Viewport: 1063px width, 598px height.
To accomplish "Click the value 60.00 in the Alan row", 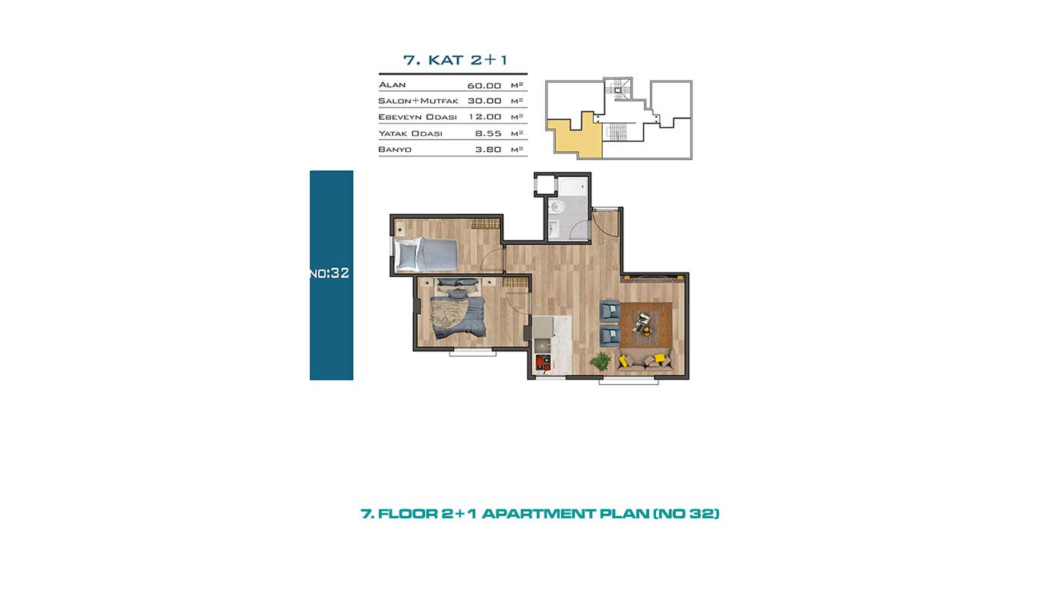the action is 484,86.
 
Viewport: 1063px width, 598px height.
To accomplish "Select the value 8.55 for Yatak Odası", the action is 487,134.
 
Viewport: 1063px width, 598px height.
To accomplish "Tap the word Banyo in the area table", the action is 395,149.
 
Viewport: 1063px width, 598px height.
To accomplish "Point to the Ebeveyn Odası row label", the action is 418,117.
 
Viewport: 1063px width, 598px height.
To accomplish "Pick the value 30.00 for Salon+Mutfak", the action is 484,101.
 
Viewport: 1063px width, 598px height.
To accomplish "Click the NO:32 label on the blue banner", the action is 330,273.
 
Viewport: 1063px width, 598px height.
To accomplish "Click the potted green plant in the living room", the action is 600,362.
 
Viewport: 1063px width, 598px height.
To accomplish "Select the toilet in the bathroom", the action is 556,206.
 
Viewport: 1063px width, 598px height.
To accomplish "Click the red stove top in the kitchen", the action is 543,363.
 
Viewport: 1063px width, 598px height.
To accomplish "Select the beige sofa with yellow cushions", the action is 645,360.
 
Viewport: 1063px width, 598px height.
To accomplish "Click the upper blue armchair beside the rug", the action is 610,311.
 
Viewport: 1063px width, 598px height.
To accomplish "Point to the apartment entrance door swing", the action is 606,220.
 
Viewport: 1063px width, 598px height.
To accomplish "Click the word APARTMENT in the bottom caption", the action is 538,514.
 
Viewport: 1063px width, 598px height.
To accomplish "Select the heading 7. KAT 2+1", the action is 455,60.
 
